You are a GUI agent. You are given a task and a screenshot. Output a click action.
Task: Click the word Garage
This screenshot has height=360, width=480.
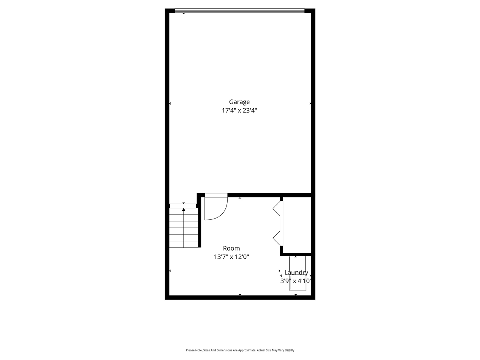(239, 102)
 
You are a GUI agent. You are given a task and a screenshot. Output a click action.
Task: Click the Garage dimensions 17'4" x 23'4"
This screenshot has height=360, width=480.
(239, 111)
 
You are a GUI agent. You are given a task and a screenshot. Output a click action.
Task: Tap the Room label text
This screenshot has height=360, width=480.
(231, 248)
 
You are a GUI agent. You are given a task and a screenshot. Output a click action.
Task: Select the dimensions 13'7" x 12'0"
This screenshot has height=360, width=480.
(231, 257)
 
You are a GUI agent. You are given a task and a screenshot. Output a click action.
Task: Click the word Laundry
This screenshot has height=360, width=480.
(296, 273)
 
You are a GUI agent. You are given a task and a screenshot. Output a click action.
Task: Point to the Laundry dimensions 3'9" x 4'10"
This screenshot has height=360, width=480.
(296, 281)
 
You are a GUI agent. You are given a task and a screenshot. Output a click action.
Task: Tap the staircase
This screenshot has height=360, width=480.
(184, 229)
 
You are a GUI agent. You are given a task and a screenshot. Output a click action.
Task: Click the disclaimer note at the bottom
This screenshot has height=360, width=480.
(240, 350)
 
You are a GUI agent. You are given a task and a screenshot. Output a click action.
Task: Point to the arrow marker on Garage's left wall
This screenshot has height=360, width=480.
(170, 103)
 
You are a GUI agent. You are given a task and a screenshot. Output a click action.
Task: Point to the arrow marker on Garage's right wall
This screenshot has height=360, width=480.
(310, 103)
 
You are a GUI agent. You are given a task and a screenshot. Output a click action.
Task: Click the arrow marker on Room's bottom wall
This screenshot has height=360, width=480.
(240, 295)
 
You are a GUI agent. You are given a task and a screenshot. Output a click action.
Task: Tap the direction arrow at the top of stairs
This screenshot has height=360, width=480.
(184, 210)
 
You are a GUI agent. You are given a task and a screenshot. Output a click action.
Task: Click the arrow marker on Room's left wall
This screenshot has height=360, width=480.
(170, 271)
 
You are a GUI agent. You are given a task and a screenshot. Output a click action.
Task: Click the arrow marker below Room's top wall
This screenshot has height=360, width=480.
(240, 198)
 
